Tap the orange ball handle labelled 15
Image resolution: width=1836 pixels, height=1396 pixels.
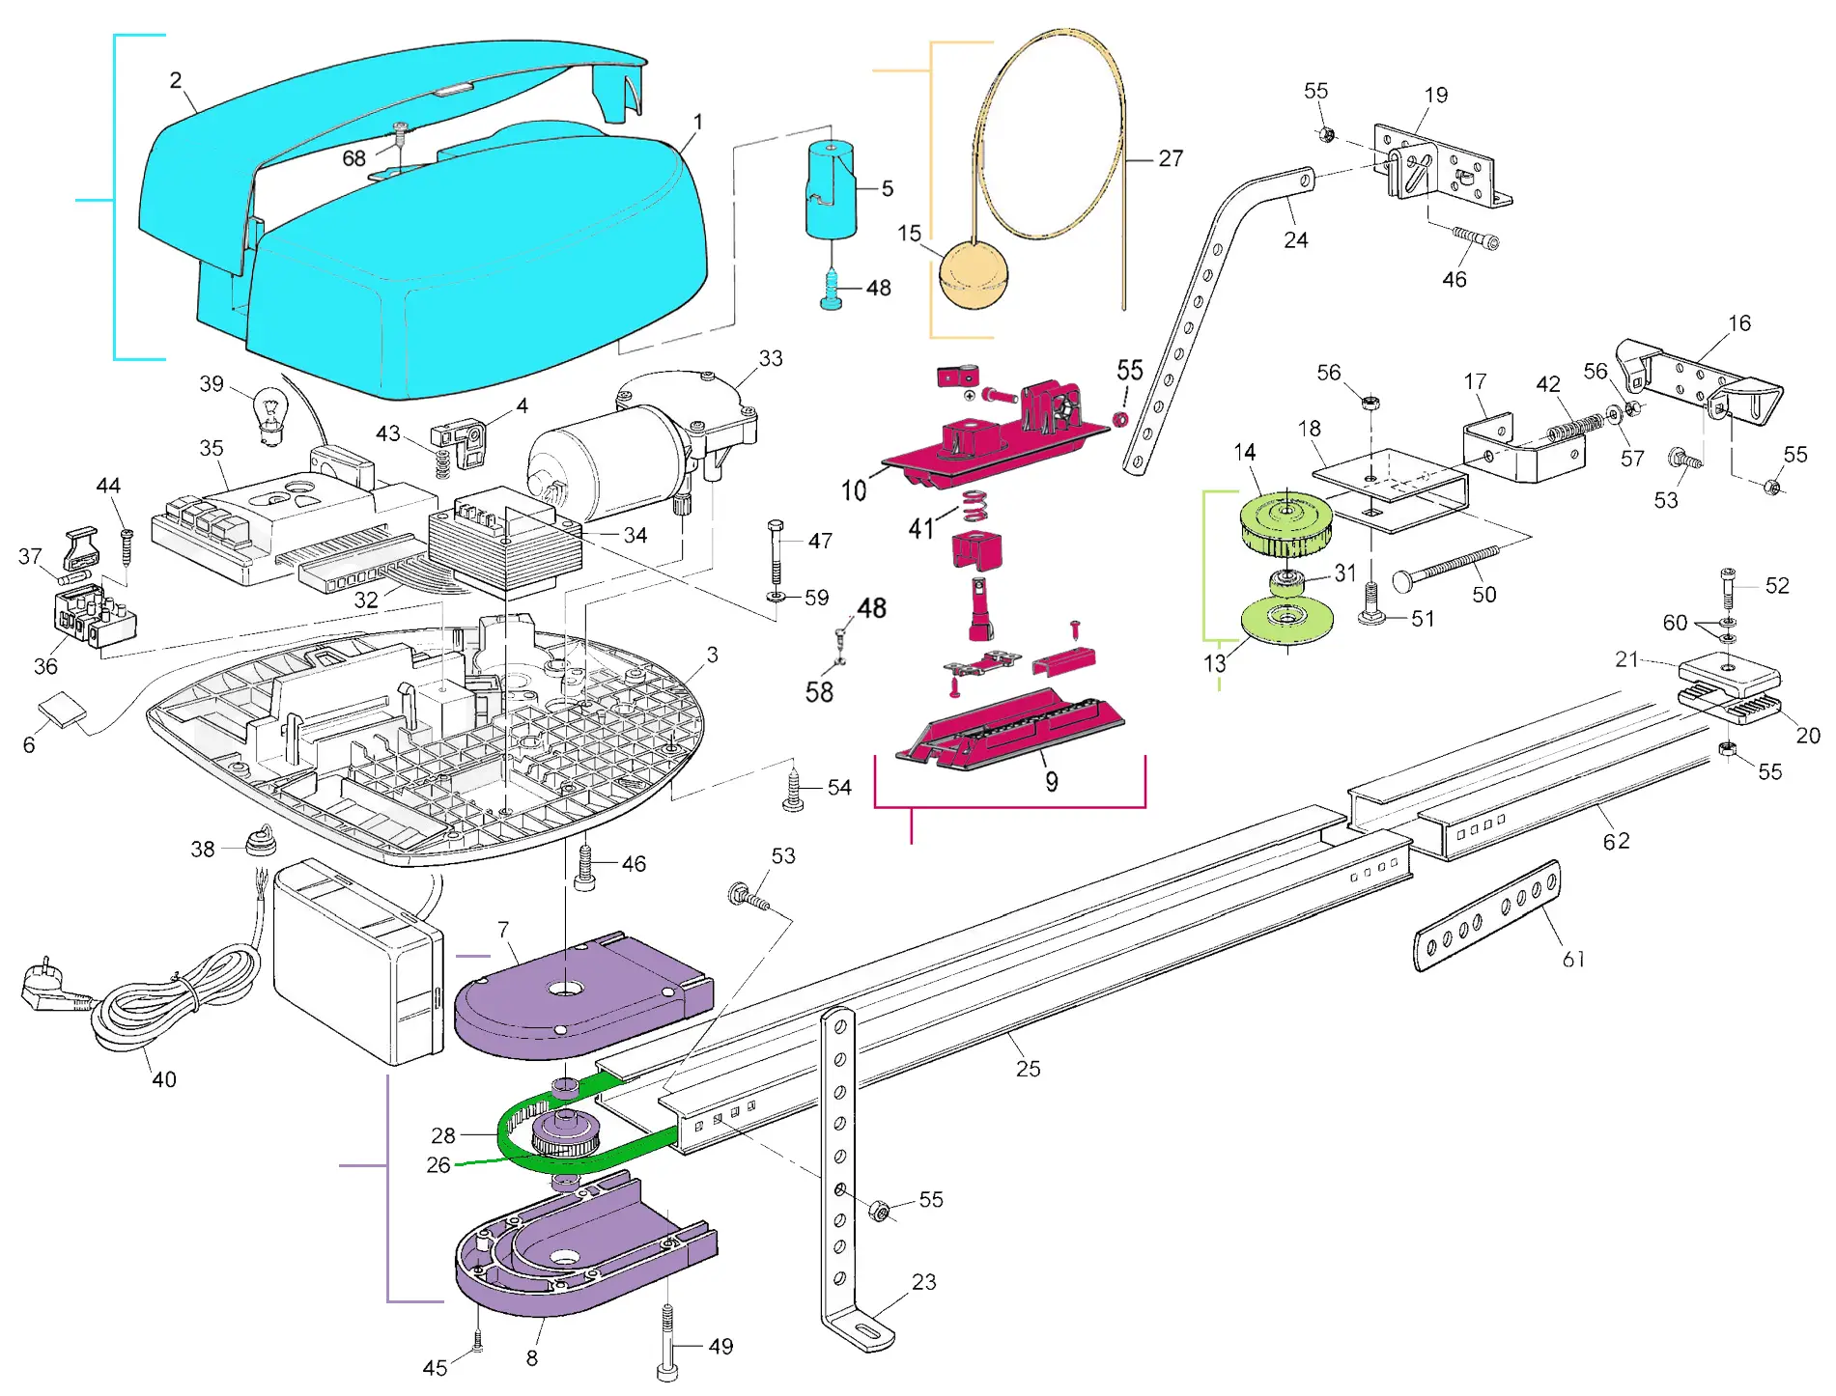[x=973, y=275]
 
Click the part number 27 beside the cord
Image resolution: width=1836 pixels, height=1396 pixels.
[x=1171, y=158]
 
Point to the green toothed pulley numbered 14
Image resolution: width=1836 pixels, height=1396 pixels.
[x=1285, y=524]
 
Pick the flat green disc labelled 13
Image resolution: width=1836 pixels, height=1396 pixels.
[x=1286, y=620]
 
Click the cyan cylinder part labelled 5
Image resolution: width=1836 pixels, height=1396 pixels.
[x=831, y=190]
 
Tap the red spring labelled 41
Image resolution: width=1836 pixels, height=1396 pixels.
[x=976, y=504]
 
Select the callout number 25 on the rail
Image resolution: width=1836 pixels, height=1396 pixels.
[x=1028, y=1069]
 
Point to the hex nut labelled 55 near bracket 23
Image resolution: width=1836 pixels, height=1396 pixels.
[x=879, y=1211]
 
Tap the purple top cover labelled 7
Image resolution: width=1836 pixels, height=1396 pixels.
[x=579, y=999]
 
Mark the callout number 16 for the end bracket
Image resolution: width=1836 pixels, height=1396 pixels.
[x=1739, y=323]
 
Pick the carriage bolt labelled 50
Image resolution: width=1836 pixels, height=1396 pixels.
[x=1445, y=568]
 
